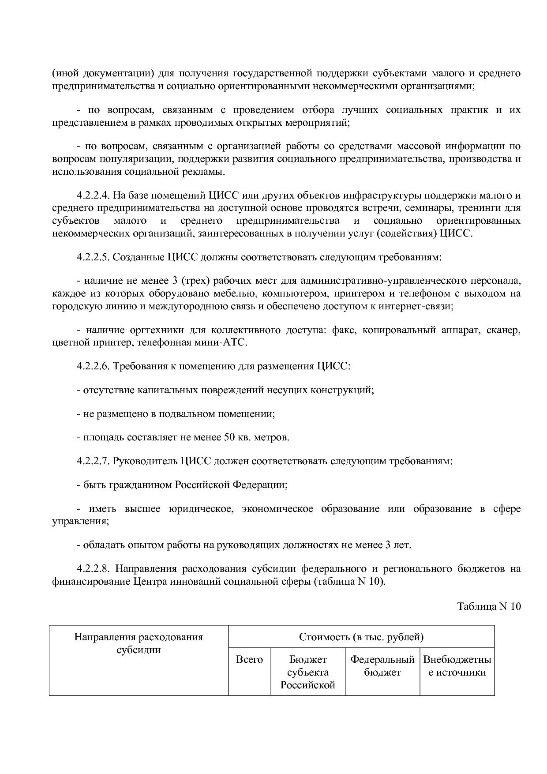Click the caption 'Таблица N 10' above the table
pos(489,606)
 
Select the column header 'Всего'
pos(249,660)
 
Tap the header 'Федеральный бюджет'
pos(382,666)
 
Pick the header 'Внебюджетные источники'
pos(457,666)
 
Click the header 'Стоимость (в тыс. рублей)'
pos(361,637)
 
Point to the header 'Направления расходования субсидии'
pos(139,643)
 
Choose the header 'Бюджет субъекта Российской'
pos(308,673)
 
